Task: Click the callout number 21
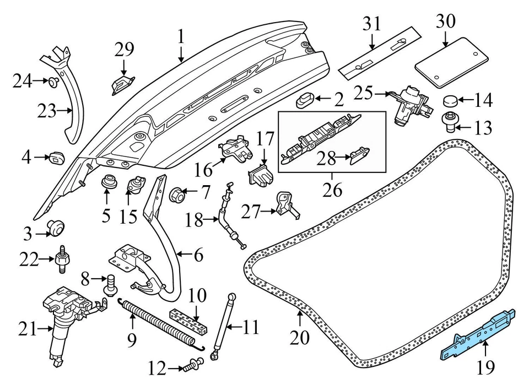(x=27, y=330)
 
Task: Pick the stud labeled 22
(x=61, y=258)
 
